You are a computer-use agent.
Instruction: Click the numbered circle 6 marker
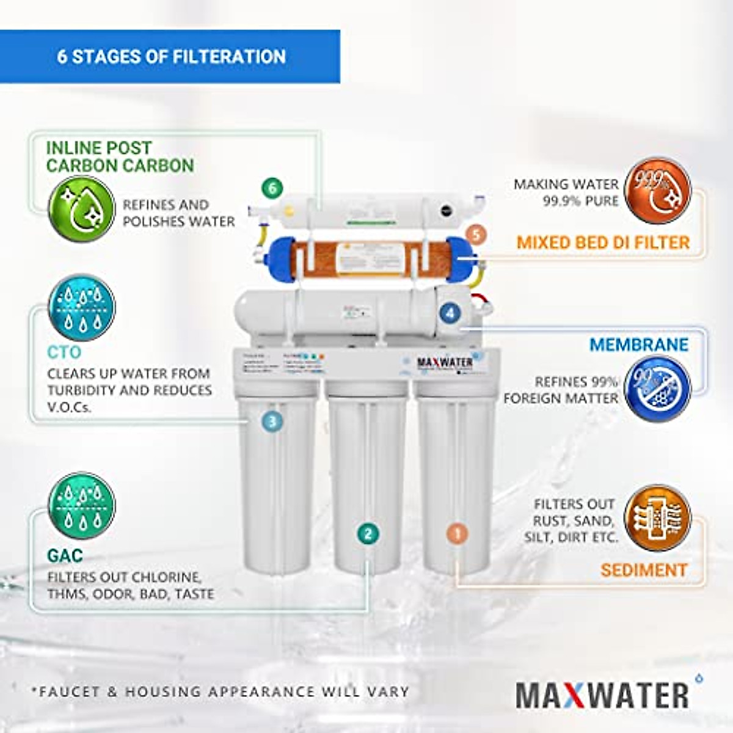pyautogui.click(x=272, y=188)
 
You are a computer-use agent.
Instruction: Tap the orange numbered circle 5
pyautogui.click(x=476, y=234)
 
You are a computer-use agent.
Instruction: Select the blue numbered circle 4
pyautogui.click(x=450, y=313)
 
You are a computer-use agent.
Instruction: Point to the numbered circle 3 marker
pyautogui.click(x=272, y=421)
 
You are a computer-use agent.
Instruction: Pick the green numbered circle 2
pyautogui.click(x=368, y=534)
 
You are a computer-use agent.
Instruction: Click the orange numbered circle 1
pyautogui.click(x=458, y=533)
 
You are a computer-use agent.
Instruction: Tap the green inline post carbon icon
pyautogui.click(x=81, y=209)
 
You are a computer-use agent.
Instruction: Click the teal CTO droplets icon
pyautogui.click(x=81, y=307)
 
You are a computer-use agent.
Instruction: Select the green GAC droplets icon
pyautogui.click(x=81, y=505)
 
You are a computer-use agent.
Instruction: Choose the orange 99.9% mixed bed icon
pyautogui.click(x=658, y=189)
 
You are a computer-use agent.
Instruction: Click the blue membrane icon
pyautogui.click(x=658, y=388)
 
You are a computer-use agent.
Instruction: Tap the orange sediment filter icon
pyautogui.click(x=658, y=518)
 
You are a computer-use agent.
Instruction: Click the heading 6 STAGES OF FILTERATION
pyautogui.click(x=172, y=57)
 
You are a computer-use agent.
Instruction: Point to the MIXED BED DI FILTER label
pyautogui.click(x=603, y=243)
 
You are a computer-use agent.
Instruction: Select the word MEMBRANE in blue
pyautogui.click(x=639, y=345)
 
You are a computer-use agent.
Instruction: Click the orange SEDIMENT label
pyautogui.click(x=644, y=570)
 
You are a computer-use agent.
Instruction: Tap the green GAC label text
pyautogui.click(x=65, y=556)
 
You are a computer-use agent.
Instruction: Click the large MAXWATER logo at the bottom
pyautogui.click(x=603, y=695)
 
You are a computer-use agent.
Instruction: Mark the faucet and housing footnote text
pyautogui.click(x=221, y=692)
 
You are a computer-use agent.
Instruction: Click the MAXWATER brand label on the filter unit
pyautogui.click(x=445, y=362)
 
